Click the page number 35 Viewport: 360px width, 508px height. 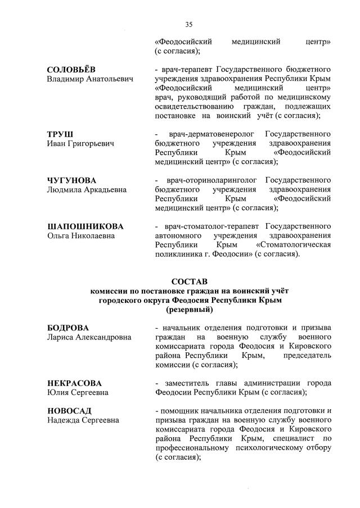point(188,24)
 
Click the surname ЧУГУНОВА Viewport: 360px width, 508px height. point(71,180)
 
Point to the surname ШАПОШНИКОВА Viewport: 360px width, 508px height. point(85,226)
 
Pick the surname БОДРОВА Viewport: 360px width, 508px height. point(68,328)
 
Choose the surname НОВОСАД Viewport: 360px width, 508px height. point(69,410)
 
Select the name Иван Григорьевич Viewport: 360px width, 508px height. point(80,144)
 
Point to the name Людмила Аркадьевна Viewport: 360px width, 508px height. point(87,190)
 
